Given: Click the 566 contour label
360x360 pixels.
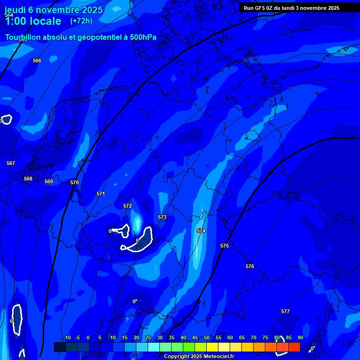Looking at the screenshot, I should [x=37, y=60].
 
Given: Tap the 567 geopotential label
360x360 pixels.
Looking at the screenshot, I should [x=11, y=163].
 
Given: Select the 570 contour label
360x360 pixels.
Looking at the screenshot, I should [x=75, y=182].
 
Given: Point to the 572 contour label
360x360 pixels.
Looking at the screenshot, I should [x=127, y=206].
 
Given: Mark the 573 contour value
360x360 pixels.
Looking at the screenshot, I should [x=162, y=217].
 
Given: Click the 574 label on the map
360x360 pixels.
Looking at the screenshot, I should [x=201, y=231].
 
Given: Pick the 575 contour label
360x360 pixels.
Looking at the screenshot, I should [x=225, y=246].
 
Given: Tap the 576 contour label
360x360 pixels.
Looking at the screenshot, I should [x=250, y=266].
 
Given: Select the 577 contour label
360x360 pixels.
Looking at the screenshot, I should [x=285, y=311].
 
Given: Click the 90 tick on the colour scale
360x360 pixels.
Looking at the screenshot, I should [x=300, y=337].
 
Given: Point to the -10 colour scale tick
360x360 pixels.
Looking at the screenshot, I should [x=67, y=337].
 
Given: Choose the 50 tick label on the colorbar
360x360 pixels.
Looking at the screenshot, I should [x=207, y=337].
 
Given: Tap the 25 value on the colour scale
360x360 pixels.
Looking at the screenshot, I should [x=148, y=337].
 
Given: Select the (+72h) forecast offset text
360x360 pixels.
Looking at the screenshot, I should [x=81, y=21].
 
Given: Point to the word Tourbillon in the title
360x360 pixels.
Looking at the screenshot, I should [x=23, y=37].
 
